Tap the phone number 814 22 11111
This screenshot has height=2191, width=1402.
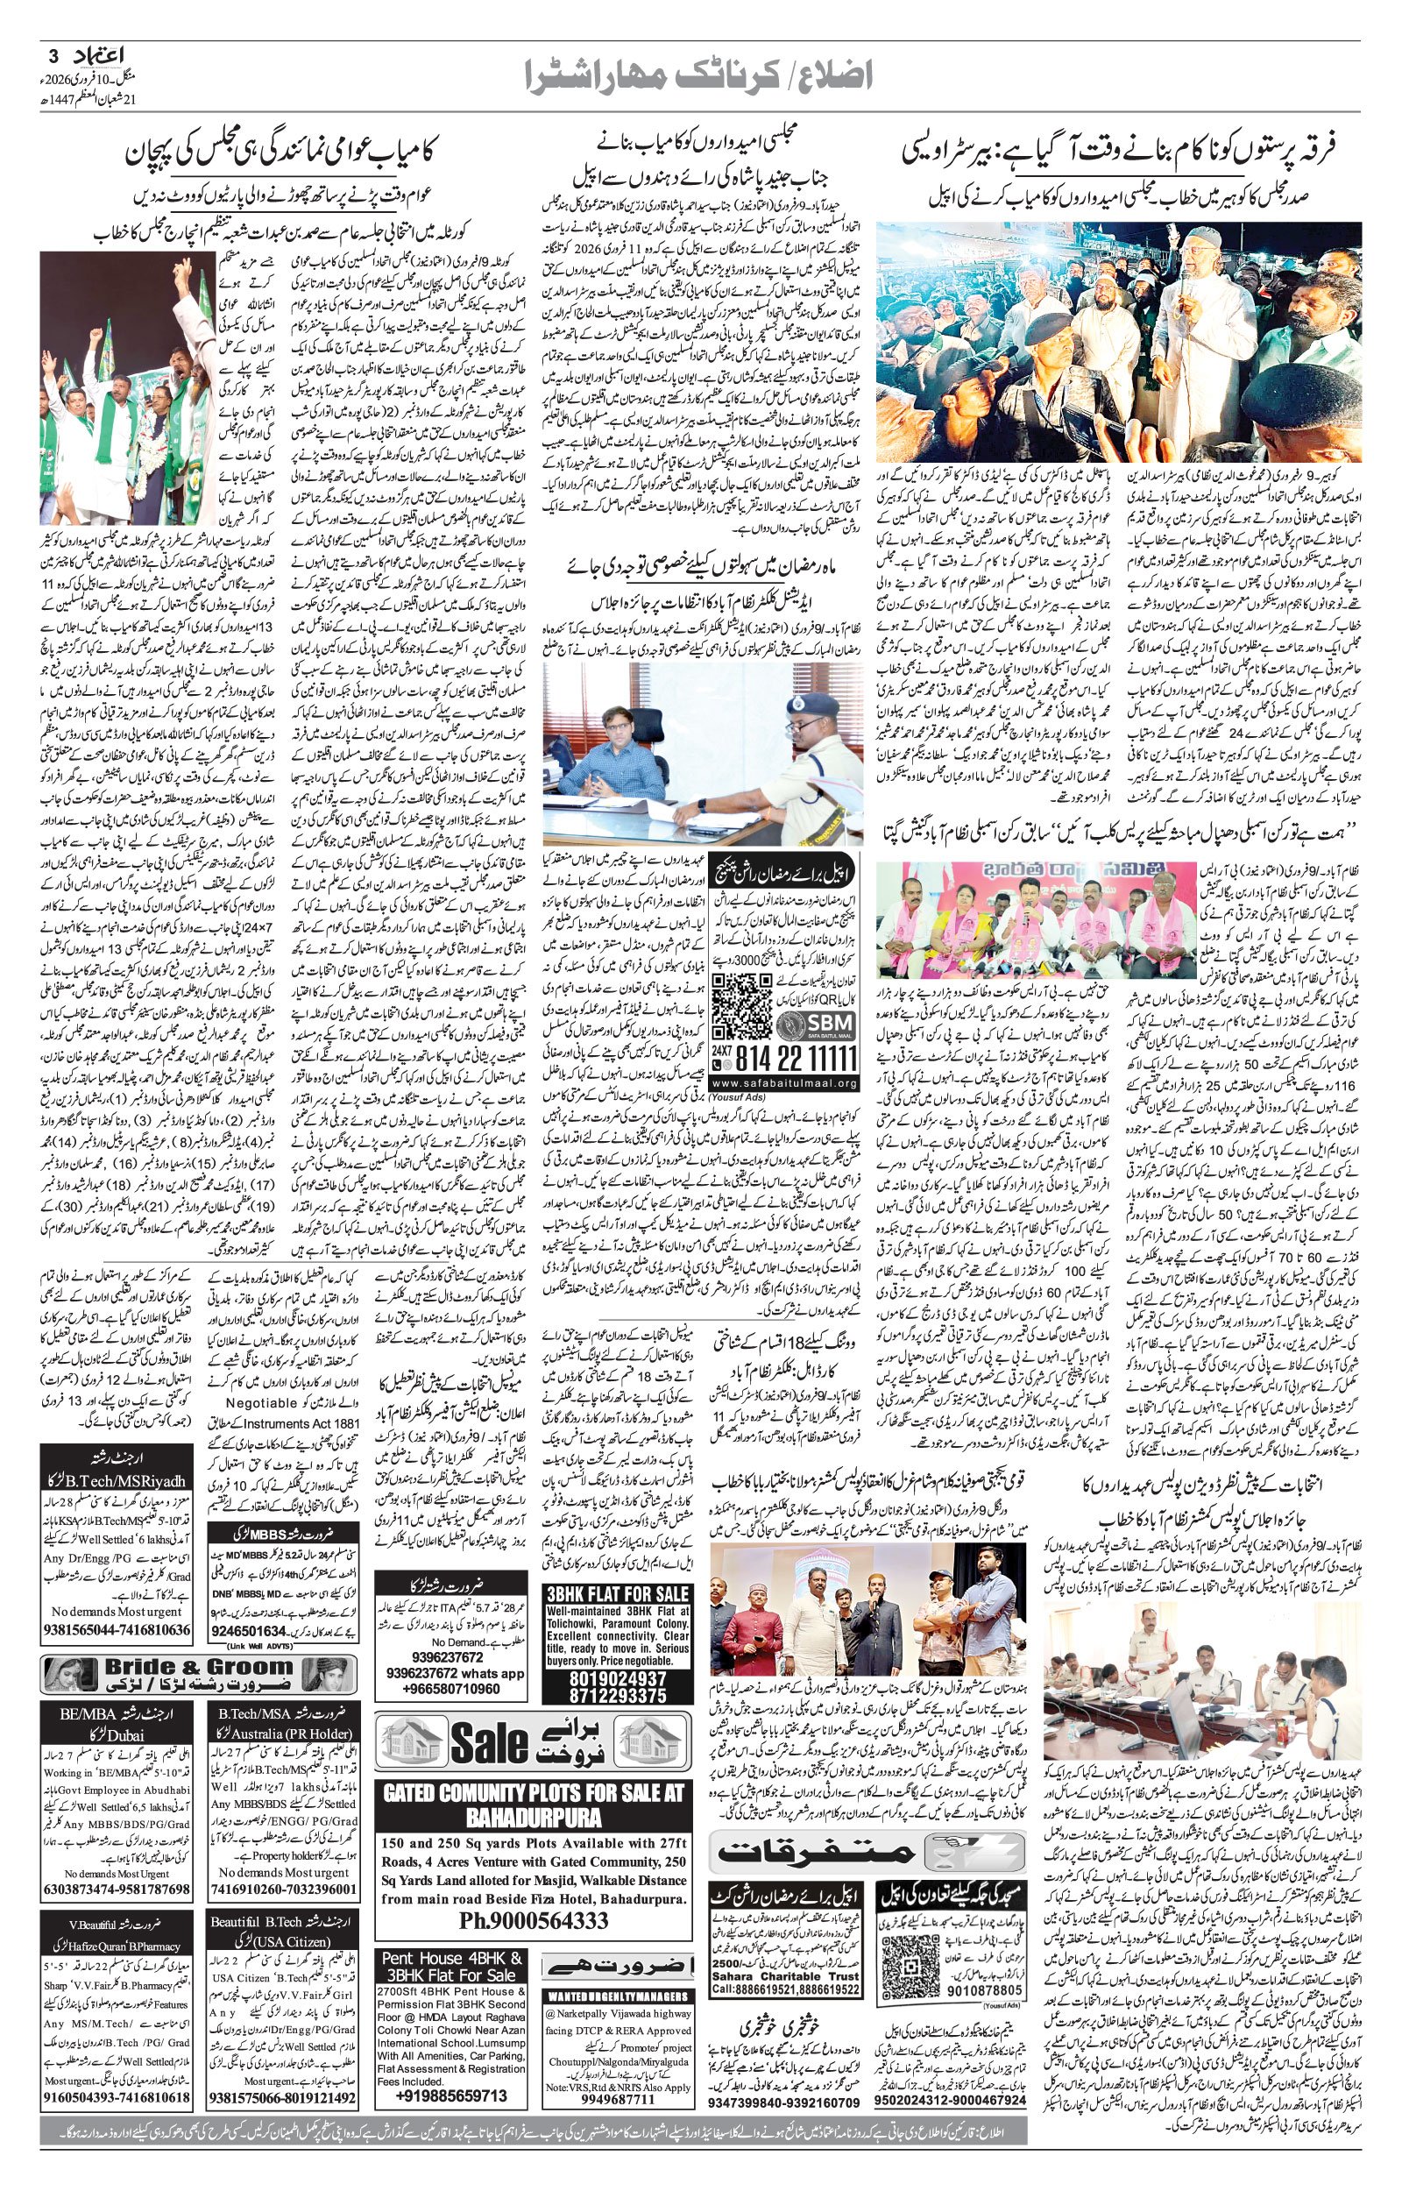pos(796,1059)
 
